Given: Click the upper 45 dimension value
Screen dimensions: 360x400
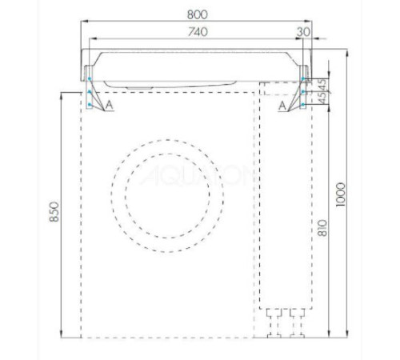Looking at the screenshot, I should coord(322,83).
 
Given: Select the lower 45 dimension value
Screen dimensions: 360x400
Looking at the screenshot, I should coord(322,100).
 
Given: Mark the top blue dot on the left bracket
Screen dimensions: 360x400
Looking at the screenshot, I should coord(90,78).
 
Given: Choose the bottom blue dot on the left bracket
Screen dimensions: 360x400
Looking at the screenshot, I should coord(90,104).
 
